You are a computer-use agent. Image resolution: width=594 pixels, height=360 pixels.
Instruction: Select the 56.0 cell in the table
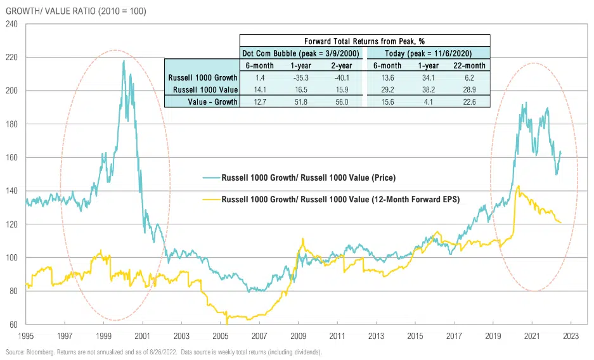point(341,101)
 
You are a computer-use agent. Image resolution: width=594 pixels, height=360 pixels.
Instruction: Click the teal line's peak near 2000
point(124,61)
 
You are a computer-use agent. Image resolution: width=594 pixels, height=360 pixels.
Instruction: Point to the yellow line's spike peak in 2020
point(519,186)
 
